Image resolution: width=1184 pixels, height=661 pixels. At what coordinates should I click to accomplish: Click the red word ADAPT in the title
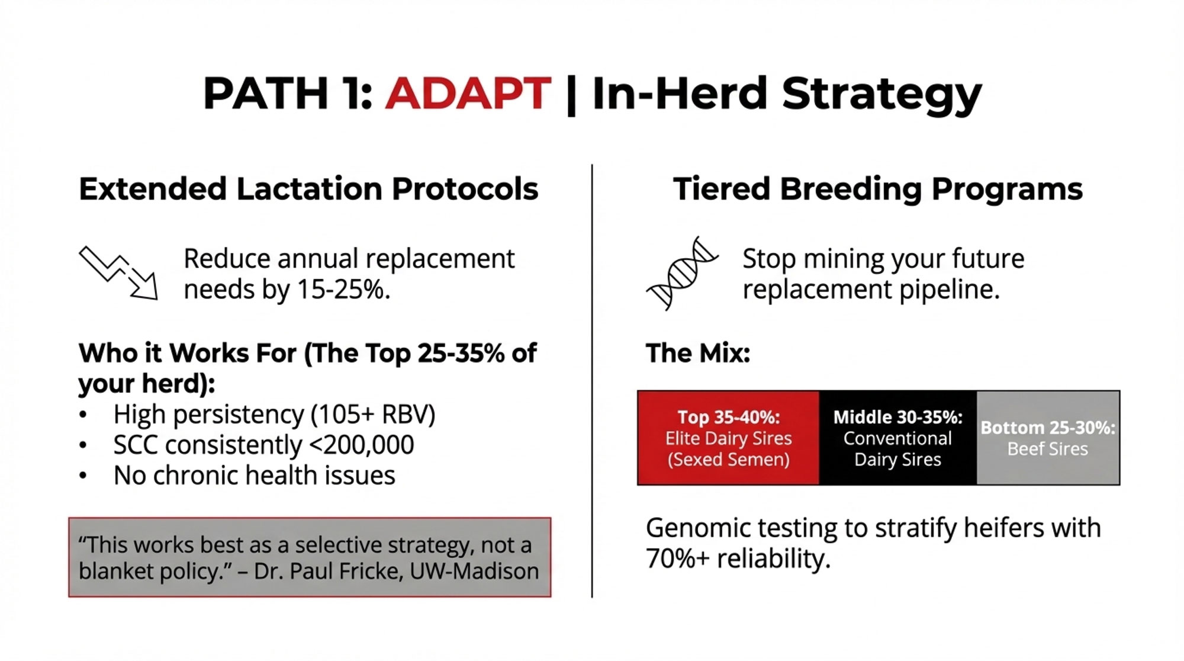click(468, 94)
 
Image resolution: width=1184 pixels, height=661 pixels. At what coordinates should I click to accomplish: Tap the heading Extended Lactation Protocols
click(308, 189)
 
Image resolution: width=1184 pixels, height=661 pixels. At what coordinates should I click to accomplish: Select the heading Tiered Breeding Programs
click(878, 190)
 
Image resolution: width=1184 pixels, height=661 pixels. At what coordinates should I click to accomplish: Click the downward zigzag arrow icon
click(118, 272)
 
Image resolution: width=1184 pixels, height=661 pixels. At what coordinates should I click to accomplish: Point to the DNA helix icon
click(682, 273)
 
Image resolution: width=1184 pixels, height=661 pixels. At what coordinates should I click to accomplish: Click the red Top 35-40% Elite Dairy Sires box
click(729, 438)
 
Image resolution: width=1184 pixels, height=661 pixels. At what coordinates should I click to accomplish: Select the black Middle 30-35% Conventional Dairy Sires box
click(898, 438)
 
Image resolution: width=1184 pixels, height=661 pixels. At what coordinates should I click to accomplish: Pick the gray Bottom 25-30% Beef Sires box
click(1048, 438)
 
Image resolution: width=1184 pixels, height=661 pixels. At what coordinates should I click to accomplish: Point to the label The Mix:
click(698, 353)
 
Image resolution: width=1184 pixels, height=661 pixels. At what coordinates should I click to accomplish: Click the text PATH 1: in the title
click(288, 94)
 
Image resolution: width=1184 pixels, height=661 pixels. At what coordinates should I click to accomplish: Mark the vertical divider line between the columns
click(592, 381)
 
